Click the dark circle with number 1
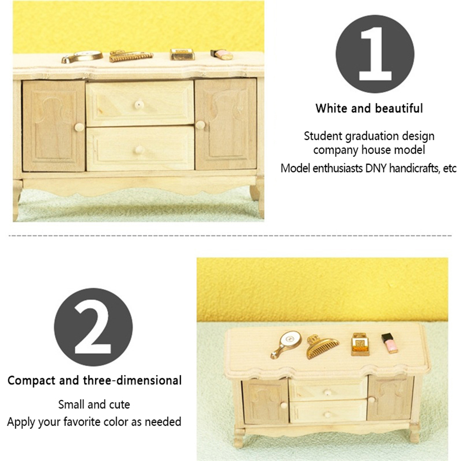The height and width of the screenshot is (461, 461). (375, 54)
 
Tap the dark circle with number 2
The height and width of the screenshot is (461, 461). (93, 327)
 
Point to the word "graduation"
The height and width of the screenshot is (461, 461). (372, 136)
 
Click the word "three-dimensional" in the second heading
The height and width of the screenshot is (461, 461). (133, 380)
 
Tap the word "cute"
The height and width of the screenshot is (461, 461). (119, 404)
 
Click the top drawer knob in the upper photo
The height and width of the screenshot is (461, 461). (139, 104)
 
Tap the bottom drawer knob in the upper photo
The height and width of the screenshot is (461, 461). (139, 150)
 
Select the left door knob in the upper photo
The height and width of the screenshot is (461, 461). (79, 127)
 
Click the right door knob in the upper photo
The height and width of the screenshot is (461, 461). (200, 125)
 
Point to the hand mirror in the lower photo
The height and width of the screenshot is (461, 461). (286, 345)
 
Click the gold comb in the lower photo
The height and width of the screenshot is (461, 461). (323, 347)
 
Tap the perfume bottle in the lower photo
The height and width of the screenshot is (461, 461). (360, 344)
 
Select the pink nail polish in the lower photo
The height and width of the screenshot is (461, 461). (390, 343)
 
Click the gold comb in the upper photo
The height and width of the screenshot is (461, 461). (131, 56)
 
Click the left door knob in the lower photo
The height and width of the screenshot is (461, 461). (284, 405)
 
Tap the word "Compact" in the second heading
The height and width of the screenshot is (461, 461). (31, 381)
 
